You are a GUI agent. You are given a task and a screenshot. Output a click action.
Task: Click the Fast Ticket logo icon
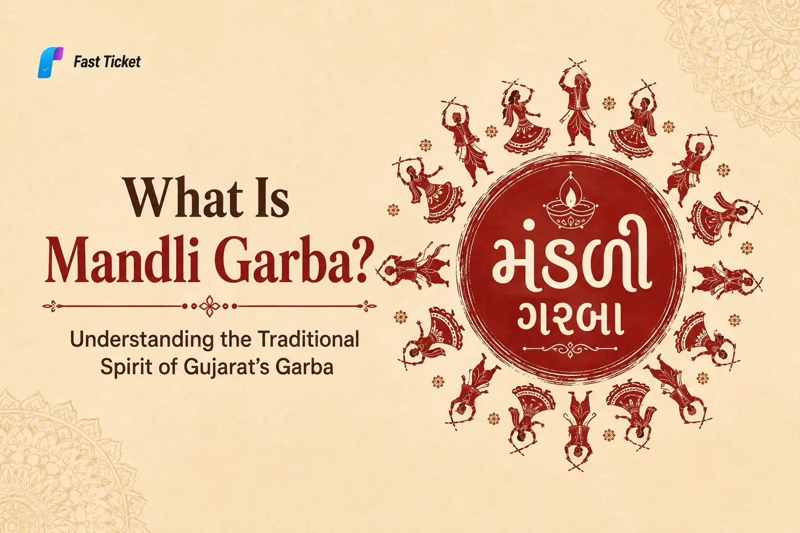click(x=51, y=62)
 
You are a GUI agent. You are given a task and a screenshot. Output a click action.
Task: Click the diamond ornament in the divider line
click(x=210, y=306)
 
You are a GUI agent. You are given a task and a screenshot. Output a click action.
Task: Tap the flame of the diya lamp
click(x=570, y=195)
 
